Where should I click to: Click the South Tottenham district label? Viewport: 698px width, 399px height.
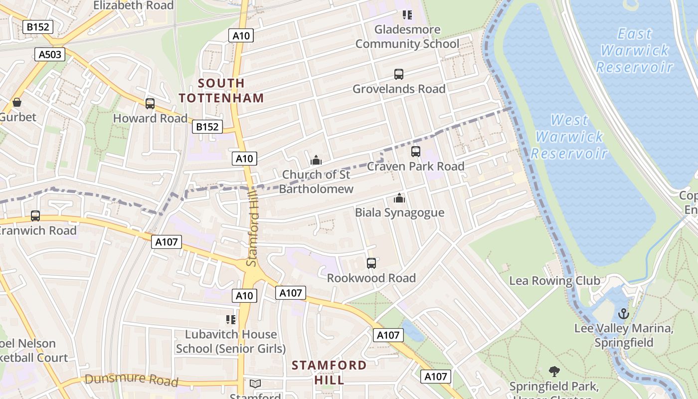[x=221, y=90]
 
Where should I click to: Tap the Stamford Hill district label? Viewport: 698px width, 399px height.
[x=329, y=372]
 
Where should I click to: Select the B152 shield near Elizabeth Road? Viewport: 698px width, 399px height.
[x=38, y=26]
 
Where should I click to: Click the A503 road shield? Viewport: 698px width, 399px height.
[x=50, y=54]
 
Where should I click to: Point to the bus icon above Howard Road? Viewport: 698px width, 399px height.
[x=150, y=104]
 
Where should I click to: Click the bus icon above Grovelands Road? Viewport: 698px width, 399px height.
[x=399, y=74]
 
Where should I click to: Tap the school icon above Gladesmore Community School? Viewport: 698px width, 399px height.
[x=407, y=15]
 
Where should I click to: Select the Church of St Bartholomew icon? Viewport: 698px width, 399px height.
[x=316, y=160]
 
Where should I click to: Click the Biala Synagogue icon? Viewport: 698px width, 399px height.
[x=399, y=199]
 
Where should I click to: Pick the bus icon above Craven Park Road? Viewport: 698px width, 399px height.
[x=416, y=152]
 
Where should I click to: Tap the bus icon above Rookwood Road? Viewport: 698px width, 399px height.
[x=371, y=263]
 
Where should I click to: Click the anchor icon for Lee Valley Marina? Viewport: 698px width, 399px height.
[x=623, y=314]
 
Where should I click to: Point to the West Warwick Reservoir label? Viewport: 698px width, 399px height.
[x=570, y=136]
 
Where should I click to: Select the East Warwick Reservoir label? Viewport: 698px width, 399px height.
[x=635, y=50]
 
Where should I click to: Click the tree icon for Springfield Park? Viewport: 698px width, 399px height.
[x=554, y=372]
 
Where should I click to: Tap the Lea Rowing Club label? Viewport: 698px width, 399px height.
[x=554, y=281]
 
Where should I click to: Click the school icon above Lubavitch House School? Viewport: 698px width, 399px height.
[x=230, y=319]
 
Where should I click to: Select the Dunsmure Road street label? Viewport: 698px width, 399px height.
[x=131, y=380]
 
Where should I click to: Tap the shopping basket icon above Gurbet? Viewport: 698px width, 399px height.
[x=17, y=103]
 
